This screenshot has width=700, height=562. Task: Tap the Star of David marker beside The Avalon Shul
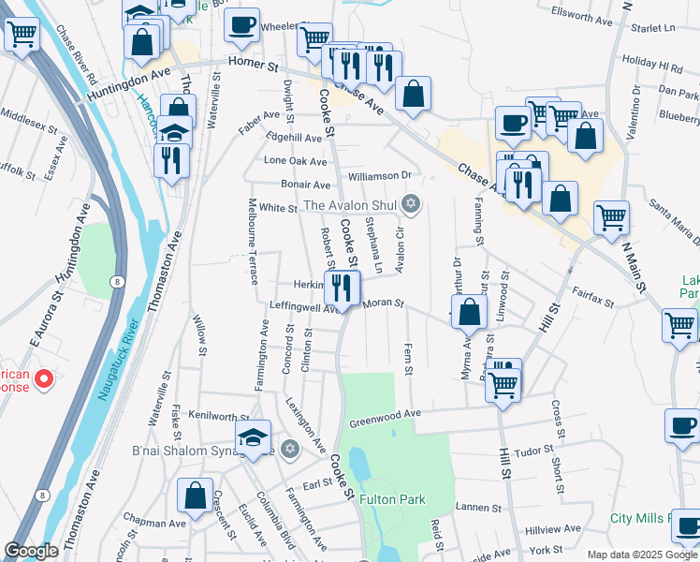[x=410, y=203]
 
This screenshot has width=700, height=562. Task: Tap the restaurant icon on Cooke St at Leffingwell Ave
[x=343, y=287]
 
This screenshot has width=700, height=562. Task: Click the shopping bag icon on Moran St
[x=470, y=311]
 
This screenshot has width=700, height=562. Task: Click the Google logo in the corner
[x=32, y=551]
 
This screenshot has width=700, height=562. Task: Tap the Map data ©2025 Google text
[x=641, y=555]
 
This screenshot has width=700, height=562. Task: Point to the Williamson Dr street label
[x=379, y=175]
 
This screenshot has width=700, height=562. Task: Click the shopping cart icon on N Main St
[x=611, y=216]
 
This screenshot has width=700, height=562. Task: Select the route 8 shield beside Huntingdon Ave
[x=115, y=280]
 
